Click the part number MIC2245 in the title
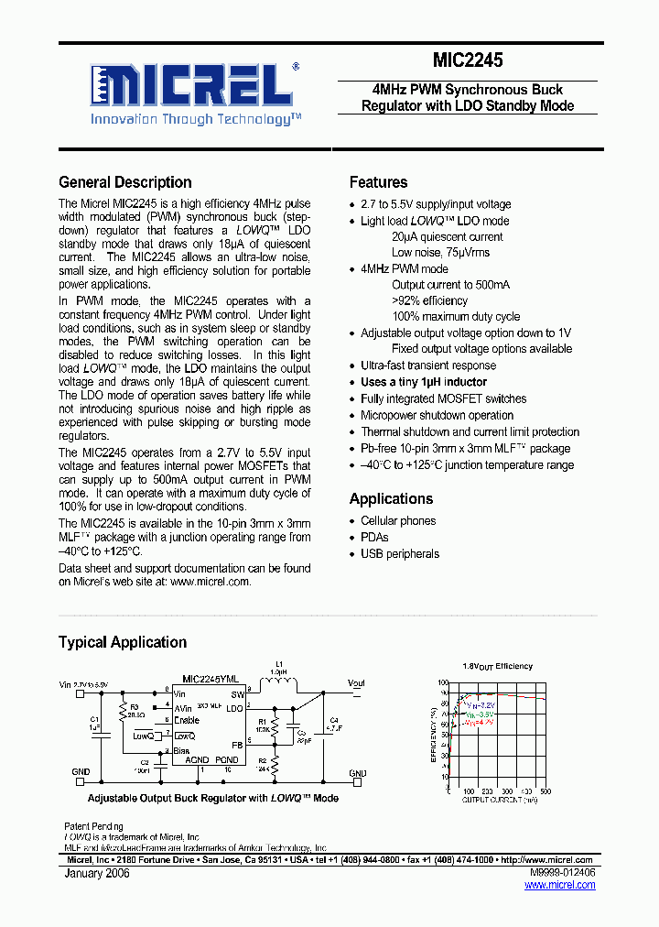point(468,61)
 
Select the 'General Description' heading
point(125,182)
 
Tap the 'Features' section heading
point(378,182)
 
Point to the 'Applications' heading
point(391,498)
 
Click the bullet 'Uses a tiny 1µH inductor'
point(423,382)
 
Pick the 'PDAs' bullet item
point(374,537)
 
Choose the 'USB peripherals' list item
point(400,553)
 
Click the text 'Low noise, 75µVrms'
point(440,253)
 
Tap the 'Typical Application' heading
point(123,642)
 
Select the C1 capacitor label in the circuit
point(94,720)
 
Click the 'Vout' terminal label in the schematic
point(356,682)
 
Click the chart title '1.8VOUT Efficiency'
point(498,666)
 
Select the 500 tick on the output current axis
point(546,791)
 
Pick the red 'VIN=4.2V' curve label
point(478,724)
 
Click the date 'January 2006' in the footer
point(97,874)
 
